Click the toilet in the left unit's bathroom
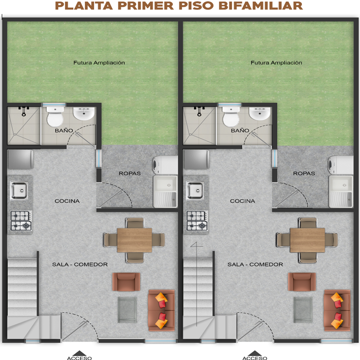tap(55, 117)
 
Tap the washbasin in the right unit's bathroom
tap(259, 113)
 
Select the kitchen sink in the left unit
tap(19, 190)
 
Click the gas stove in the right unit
tap(197, 221)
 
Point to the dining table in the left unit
tap(134, 240)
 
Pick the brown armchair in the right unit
tap(302, 282)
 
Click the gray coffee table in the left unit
tap(127, 310)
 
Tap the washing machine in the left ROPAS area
tap(165, 165)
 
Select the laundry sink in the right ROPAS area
tap(341, 192)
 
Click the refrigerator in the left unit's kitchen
tap(20, 159)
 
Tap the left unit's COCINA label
tap(67, 201)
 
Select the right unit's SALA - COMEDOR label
tap(255, 264)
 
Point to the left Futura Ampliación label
tap(99, 63)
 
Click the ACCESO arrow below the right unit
tap(255, 353)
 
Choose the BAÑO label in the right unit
tap(240, 131)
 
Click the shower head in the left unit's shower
tap(24, 111)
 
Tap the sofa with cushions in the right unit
tap(337, 310)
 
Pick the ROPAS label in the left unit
tap(130, 174)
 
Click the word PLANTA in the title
tap(84, 6)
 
